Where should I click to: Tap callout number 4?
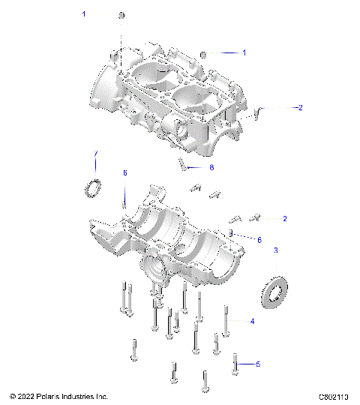point(252,321)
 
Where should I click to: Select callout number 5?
point(257,364)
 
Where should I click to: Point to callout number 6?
point(259,240)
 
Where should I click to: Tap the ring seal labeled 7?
point(94,188)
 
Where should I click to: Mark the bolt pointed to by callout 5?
point(236,363)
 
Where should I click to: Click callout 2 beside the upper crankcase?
point(300,108)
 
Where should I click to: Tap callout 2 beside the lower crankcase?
point(285,219)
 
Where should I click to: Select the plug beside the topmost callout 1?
point(122,16)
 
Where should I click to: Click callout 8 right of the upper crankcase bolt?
point(211,166)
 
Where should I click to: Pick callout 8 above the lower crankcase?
point(125,173)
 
